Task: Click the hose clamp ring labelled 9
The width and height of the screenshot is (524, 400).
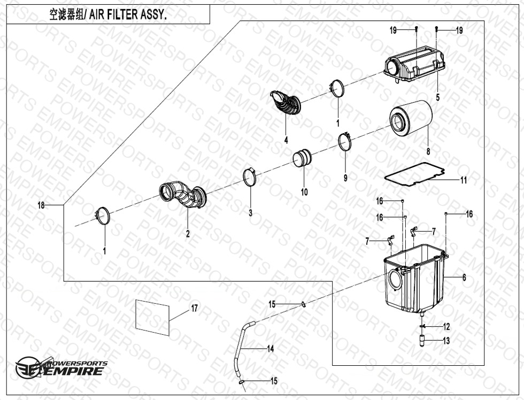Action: point(345,142)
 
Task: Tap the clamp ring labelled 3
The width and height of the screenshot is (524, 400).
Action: point(250,177)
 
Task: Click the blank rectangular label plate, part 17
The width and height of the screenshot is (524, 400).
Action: point(153,317)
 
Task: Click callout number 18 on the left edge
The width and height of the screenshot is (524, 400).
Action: point(41,205)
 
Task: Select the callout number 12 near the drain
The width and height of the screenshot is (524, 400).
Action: point(446,327)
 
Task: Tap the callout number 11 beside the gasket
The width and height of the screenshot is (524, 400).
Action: point(463,180)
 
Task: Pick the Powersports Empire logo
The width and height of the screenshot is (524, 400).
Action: point(61,368)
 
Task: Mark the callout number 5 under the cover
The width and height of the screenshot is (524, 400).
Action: point(437,97)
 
